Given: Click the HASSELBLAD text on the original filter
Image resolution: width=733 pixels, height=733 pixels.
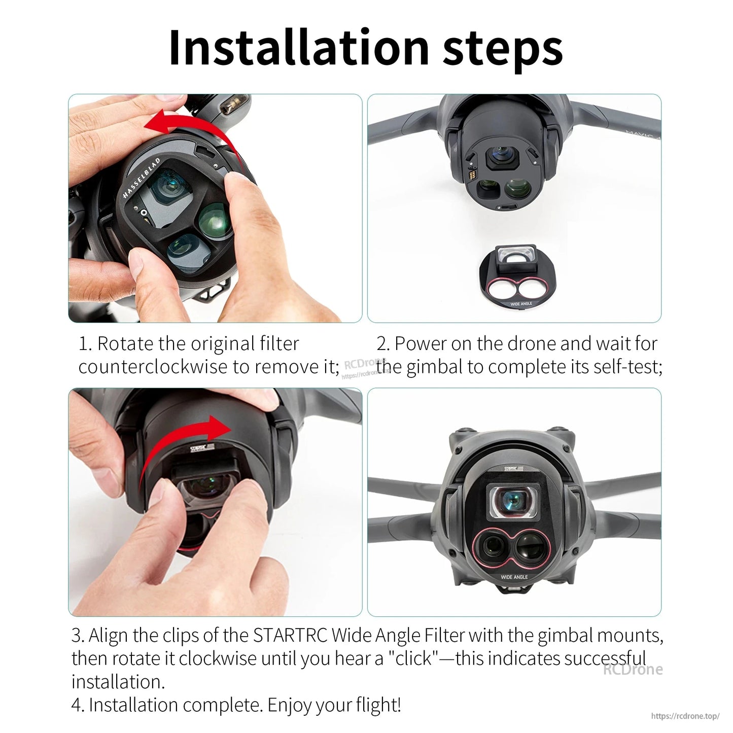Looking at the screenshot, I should coord(142,178).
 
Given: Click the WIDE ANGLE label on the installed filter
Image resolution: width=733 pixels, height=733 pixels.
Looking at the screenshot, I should coord(514,577).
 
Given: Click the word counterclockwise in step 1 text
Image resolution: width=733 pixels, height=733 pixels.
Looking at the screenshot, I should coord(153,366).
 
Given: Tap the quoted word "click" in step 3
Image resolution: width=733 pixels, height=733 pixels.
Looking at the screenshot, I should coord(413,658).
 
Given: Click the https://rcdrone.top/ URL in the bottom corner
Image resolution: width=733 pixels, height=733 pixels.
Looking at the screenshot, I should coord(685,716).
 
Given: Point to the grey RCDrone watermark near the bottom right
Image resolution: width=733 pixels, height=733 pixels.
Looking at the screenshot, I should coord(633,669).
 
